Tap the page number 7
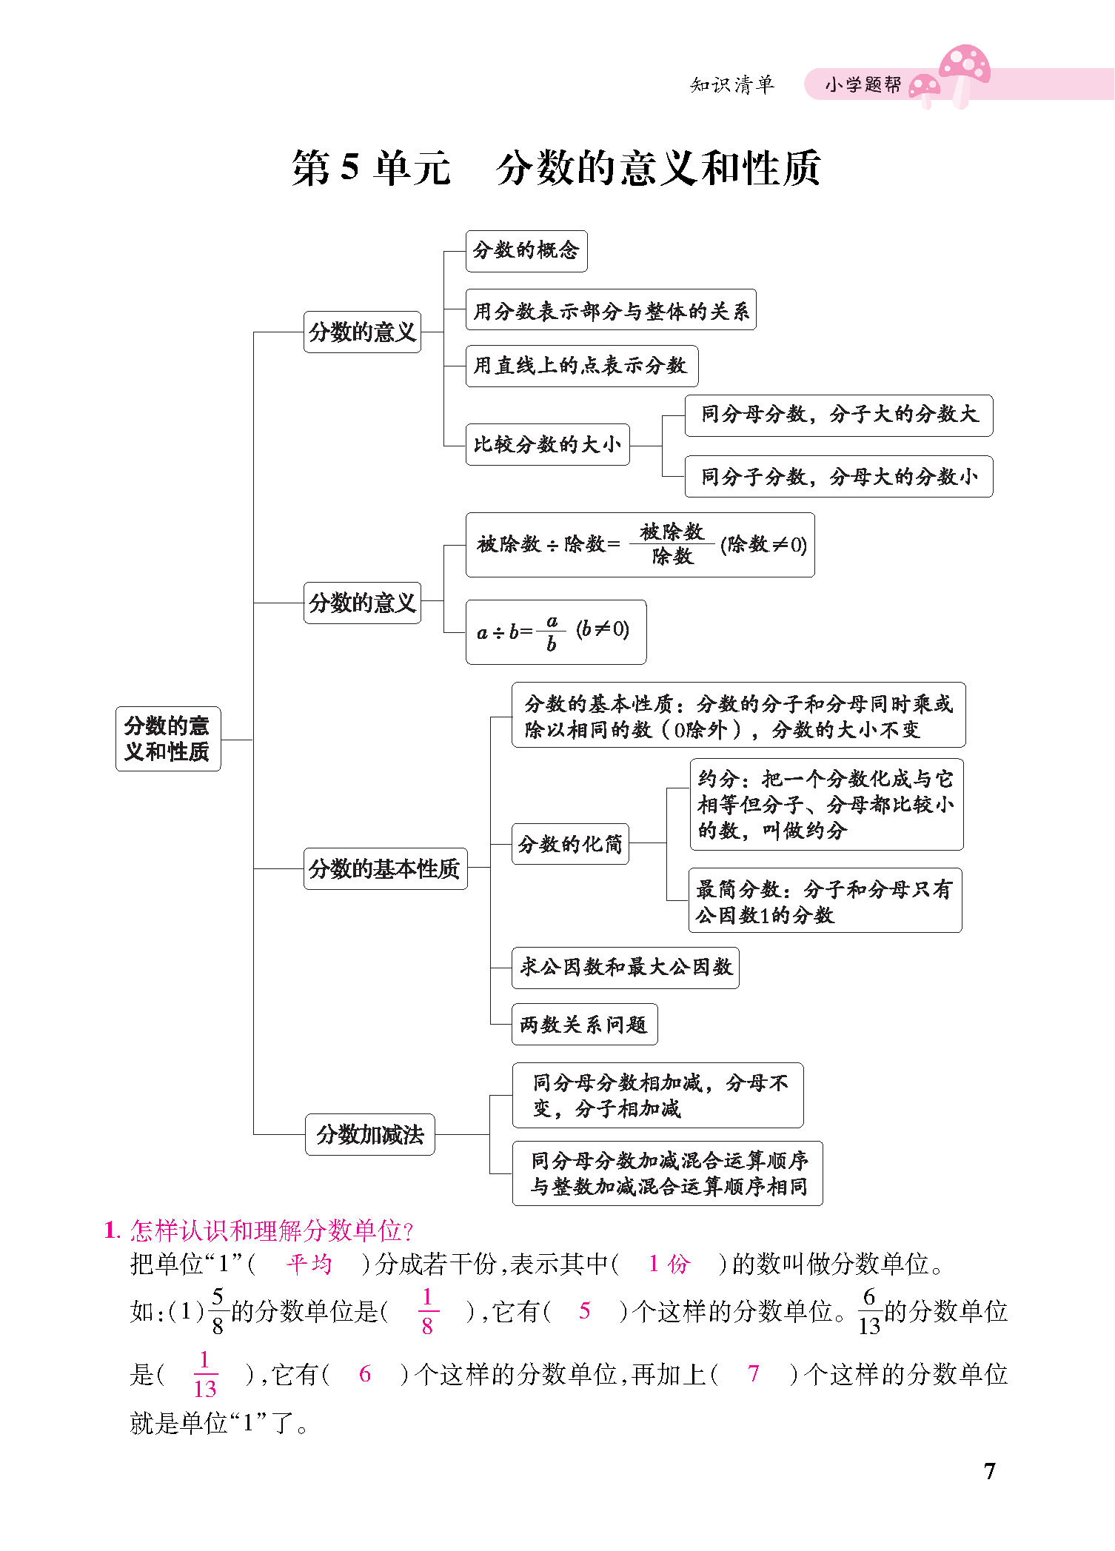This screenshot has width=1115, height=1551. click(990, 1470)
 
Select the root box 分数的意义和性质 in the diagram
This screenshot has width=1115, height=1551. click(168, 738)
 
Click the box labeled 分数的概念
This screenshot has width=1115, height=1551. click(526, 251)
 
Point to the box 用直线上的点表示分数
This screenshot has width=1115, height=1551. click(581, 366)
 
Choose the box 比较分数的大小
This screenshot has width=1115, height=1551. click(547, 444)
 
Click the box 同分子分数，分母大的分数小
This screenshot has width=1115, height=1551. click(838, 476)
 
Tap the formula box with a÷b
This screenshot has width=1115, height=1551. click(555, 632)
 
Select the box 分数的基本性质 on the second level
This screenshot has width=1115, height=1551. click(385, 868)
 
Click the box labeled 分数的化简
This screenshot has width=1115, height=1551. click(570, 844)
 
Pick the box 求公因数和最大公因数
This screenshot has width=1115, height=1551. click(625, 967)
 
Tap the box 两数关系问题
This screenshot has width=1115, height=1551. click(584, 1025)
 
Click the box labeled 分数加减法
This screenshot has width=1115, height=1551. click(369, 1134)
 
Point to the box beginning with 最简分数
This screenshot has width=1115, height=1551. click(825, 900)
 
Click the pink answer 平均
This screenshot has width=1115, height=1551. click(309, 1264)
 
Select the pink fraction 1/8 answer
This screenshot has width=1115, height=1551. click(427, 1311)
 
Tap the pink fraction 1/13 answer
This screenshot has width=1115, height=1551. click(204, 1374)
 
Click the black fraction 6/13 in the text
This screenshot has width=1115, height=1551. click(869, 1311)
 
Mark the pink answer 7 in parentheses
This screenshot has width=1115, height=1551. click(754, 1374)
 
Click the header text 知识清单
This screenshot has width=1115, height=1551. click(731, 85)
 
